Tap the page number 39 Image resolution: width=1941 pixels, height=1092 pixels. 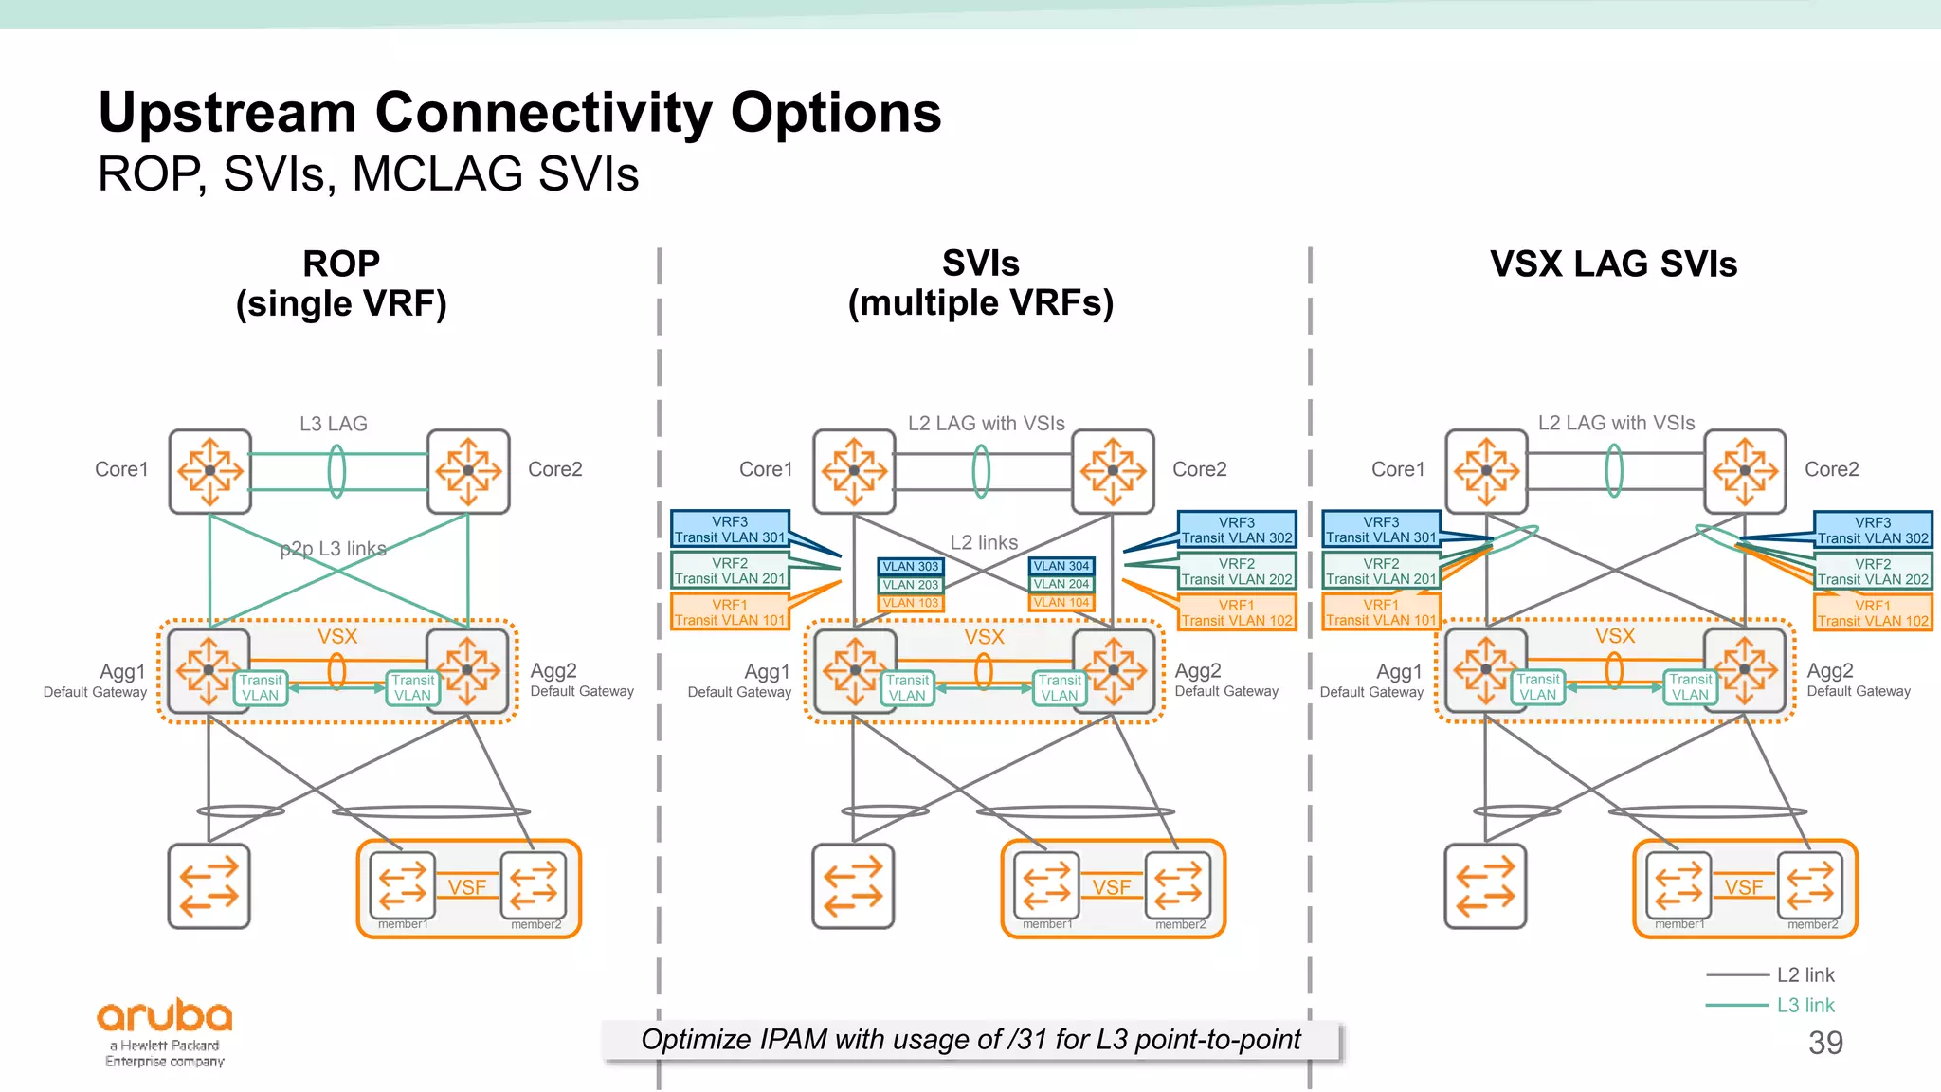tap(1824, 1043)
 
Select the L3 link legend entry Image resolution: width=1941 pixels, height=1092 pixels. tap(1805, 1005)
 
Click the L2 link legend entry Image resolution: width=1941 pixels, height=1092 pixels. tap(1805, 974)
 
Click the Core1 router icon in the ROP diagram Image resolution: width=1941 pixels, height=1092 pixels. tap(210, 471)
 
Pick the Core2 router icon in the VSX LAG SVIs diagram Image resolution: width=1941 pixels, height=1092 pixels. tap(1745, 471)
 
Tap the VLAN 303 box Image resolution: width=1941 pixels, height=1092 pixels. tap(910, 567)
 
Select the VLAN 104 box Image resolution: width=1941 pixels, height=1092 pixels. tap(1061, 602)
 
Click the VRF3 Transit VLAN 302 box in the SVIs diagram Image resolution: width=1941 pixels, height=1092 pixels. tap(1237, 530)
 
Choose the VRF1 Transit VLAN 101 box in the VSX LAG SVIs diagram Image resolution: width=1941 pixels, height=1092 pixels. tap(1381, 612)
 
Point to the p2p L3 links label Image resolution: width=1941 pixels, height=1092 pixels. tap(333, 549)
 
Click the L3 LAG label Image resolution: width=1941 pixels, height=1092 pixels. tap(333, 424)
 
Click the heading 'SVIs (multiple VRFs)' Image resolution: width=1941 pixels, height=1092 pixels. tap(980, 283)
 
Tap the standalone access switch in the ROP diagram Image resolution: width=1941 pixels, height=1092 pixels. tap(209, 886)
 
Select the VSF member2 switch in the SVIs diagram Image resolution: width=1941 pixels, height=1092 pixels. tap(1177, 886)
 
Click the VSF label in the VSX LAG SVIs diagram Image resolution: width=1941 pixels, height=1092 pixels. tap(1743, 887)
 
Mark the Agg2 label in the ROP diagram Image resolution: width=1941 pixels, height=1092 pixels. tap(553, 670)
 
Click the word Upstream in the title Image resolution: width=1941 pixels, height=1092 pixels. tap(227, 113)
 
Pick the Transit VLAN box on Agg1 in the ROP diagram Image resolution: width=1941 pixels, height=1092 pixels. tap(260, 687)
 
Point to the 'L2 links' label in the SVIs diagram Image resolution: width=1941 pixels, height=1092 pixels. tap(984, 542)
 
